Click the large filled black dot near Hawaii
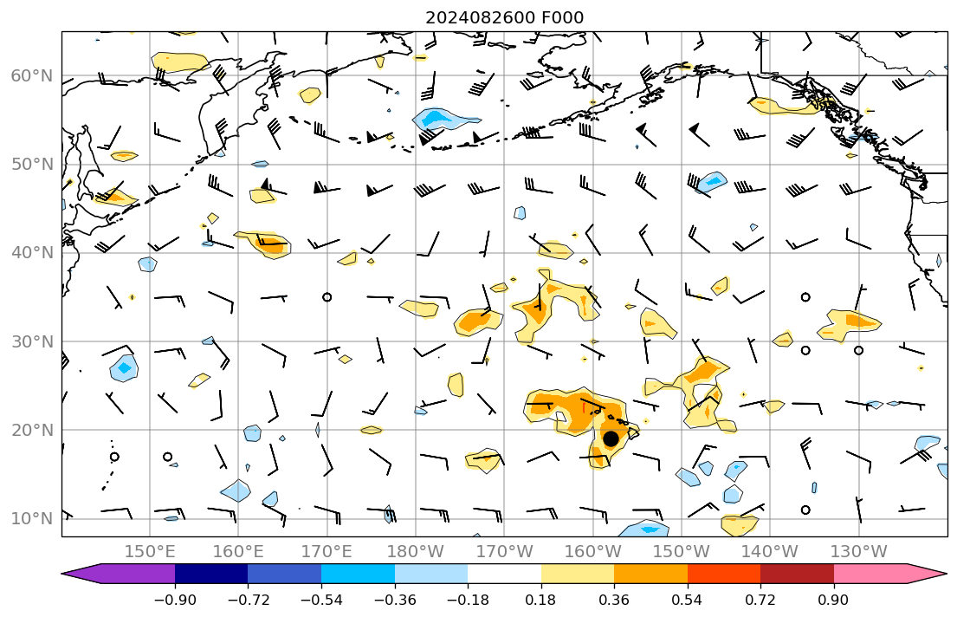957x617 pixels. (x=611, y=438)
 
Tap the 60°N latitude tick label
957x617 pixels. (x=31, y=75)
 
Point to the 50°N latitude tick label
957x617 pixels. (x=31, y=165)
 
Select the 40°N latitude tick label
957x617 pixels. (x=31, y=253)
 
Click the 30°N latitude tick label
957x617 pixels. (x=31, y=341)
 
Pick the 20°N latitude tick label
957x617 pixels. (x=31, y=430)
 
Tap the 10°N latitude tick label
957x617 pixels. (x=31, y=518)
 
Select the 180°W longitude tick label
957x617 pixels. (x=416, y=551)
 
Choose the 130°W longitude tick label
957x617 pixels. (x=859, y=551)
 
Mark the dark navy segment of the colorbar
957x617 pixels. (x=211, y=574)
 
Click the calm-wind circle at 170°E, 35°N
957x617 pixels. (x=327, y=297)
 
